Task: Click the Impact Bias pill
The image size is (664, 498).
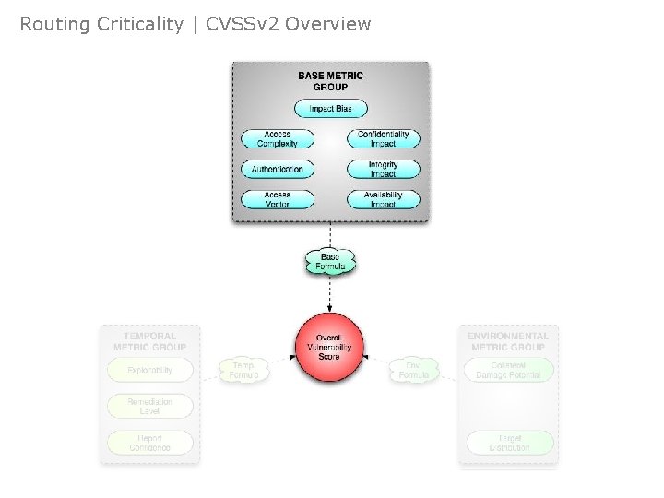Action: coord(330,109)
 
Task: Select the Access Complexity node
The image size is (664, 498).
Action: coord(277,139)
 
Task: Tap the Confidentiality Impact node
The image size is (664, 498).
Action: coord(383,139)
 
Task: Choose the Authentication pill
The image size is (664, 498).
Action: coord(277,170)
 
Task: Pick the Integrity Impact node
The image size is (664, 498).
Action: coord(383,170)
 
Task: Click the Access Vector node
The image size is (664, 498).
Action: coord(277,199)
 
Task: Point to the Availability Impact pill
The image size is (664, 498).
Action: coord(383,199)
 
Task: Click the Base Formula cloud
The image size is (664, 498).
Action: coord(330,262)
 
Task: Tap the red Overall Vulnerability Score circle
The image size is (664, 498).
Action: coord(329,347)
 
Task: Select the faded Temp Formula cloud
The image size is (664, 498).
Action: coord(244,371)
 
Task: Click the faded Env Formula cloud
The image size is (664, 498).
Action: coord(413,371)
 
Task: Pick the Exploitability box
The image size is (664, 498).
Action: coord(149,371)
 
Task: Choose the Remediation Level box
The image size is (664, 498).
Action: coord(149,406)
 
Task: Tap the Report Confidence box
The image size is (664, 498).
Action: coord(149,442)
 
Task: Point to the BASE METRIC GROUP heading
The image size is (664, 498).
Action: coord(330,81)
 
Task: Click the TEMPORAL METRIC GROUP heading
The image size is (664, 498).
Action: coord(149,341)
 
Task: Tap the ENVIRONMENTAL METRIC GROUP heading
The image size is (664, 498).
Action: coord(508,341)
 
